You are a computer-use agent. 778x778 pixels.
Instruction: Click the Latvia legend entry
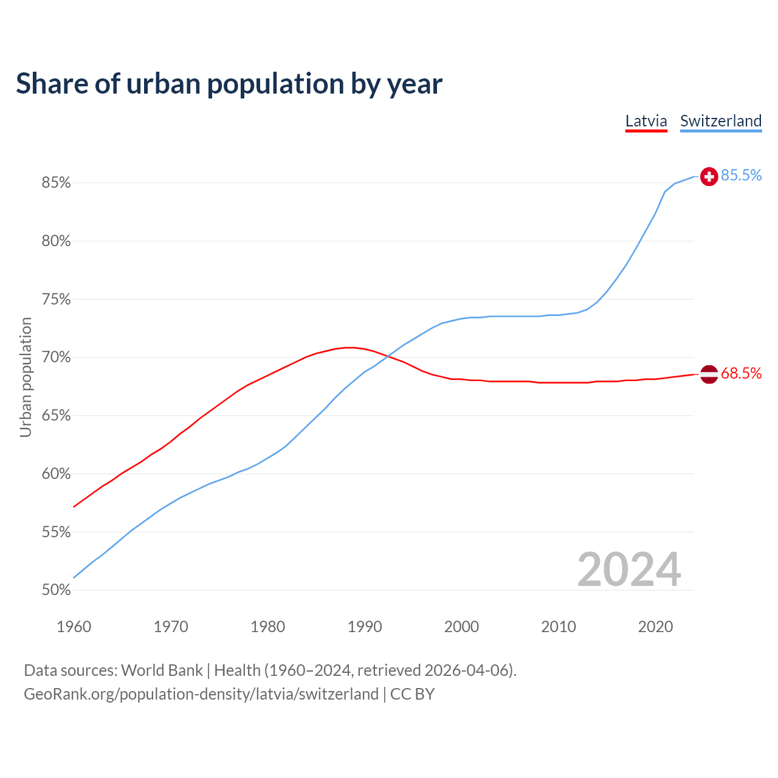[x=646, y=121]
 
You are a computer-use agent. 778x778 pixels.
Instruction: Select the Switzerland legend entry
[x=720, y=121]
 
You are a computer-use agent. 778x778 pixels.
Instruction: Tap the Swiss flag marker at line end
[x=709, y=176]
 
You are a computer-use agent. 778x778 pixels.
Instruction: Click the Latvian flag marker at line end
[x=709, y=374]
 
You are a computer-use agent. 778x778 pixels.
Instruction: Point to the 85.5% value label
[x=741, y=176]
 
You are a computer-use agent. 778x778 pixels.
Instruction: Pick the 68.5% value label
[x=741, y=374]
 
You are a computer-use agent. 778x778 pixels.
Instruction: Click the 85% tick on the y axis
[x=56, y=183]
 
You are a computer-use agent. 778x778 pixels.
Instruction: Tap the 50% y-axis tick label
[x=56, y=590]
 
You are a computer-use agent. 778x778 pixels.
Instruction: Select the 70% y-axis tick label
[x=56, y=357]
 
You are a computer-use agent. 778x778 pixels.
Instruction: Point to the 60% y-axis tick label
[x=56, y=474]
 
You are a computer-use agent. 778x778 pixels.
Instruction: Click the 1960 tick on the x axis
[x=74, y=627]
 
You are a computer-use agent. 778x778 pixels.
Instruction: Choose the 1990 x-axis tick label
[x=365, y=627]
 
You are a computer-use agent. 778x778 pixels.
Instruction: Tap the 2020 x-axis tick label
[x=655, y=627]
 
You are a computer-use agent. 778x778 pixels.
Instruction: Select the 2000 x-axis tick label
[x=461, y=627]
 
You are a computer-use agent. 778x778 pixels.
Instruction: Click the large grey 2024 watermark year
[x=628, y=570]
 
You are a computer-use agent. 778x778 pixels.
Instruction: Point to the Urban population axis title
[x=26, y=377]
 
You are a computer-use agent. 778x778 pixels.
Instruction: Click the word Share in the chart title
[x=51, y=84]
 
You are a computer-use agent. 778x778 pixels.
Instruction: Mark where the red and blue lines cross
[x=387, y=356]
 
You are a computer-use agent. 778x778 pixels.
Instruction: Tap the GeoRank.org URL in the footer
[x=201, y=694]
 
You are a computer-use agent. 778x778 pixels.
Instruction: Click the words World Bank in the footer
[x=162, y=670]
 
